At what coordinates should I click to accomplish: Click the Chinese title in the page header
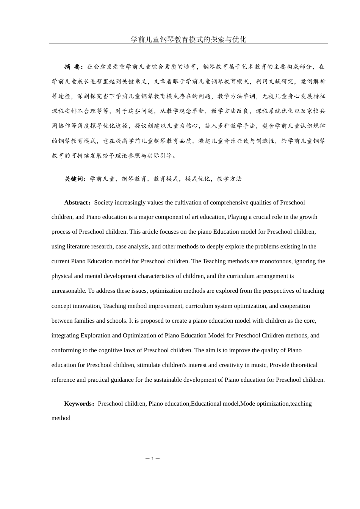click(x=188, y=39)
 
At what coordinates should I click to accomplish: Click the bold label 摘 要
click(x=72, y=67)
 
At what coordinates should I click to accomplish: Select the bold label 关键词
click(x=75, y=179)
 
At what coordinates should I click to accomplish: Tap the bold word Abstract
click(x=76, y=203)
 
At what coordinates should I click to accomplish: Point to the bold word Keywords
click(x=79, y=404)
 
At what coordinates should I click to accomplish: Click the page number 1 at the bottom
click(x=152, y=459)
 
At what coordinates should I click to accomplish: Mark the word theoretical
click(x=301, y=365)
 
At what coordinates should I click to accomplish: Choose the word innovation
click(x=88, y=306)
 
